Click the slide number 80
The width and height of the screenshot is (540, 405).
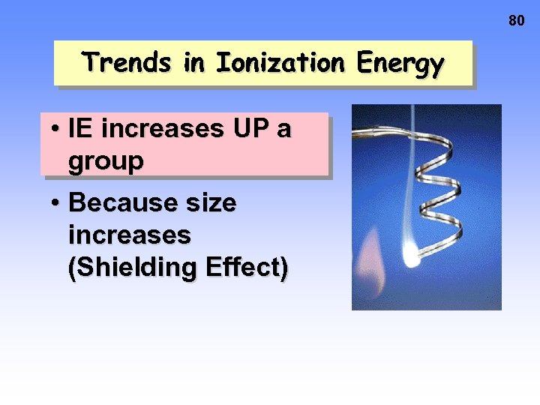point(517,21)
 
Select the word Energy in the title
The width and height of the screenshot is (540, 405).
point(400,64)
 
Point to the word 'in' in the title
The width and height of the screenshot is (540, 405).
point(194,62)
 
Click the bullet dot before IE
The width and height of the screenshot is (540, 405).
point(56,130)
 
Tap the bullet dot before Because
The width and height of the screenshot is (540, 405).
point(56,203)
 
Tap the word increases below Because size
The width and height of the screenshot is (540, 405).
point(129,235)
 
